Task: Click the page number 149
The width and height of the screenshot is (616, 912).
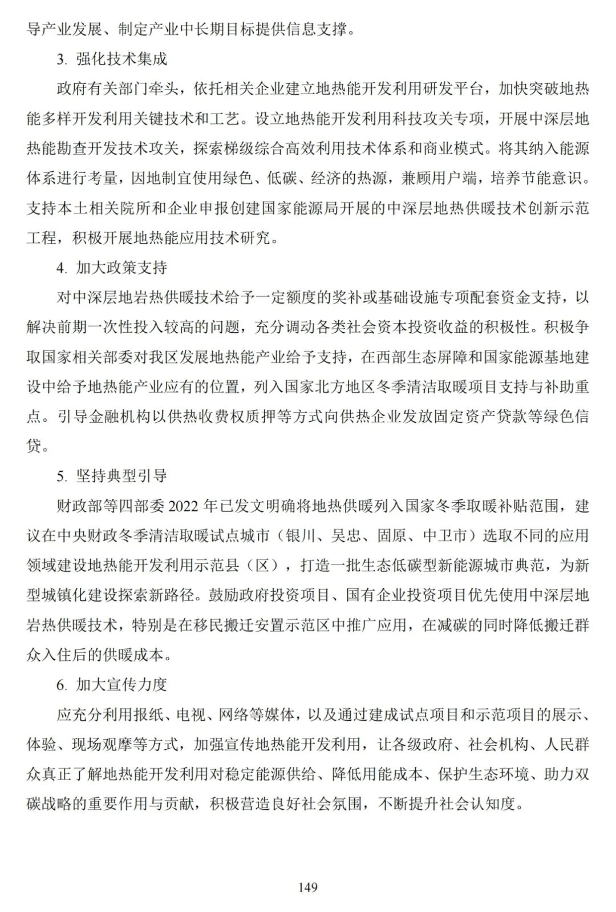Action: pos(307,887)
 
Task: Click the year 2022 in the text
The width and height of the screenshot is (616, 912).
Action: pos(185,506)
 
